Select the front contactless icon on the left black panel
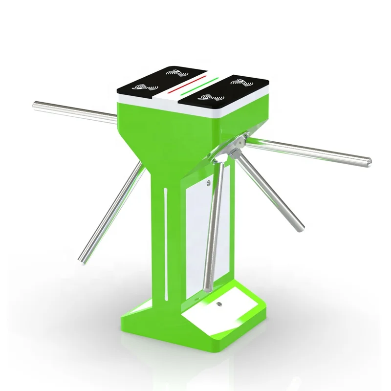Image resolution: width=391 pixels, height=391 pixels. [142, 89]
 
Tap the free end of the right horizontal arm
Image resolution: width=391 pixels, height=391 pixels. [368, 160]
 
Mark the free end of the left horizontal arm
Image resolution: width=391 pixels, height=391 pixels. [36, 104]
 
